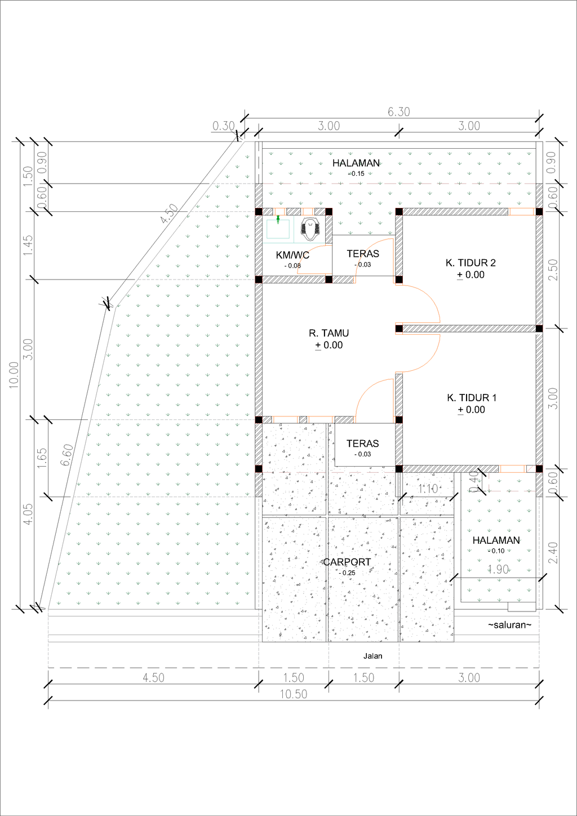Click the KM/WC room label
292,255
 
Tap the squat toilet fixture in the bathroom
309,229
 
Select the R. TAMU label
329,333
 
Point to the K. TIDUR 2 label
471,263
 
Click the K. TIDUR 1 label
472,397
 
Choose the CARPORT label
347,562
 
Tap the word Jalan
372,656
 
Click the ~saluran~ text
509,625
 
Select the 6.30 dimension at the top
398,112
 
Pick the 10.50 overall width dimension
294,694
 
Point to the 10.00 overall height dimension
14,375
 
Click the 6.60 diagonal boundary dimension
66,455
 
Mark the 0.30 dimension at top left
223,126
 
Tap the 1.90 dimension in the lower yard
498,569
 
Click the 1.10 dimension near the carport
428,489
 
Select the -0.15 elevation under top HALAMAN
356,174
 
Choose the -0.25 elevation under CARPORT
347,573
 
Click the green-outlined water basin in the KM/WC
278,229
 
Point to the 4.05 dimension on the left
28,515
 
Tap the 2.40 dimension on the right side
553,553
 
